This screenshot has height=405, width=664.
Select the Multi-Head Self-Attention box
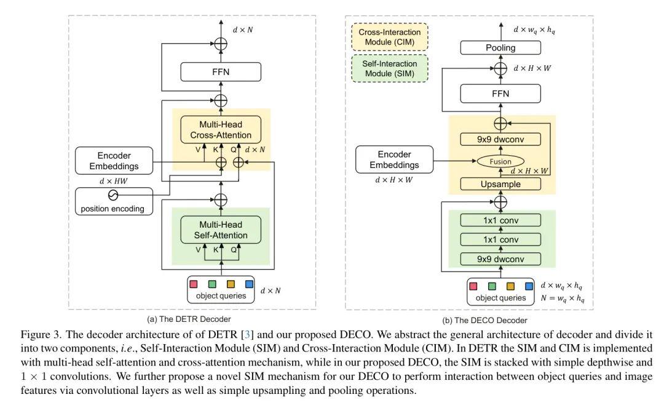[221, 230]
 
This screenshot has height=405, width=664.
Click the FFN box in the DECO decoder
[501, 94]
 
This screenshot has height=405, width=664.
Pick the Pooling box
[501, 47]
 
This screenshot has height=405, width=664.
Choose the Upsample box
[501, 183]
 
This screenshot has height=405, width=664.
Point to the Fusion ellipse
[501, 162]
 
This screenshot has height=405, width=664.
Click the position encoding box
[113, 202]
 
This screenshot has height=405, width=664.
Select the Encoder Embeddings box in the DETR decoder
[114, 160]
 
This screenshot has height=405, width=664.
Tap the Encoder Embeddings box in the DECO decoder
[394, 159]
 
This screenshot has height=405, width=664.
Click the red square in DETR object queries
[194, 284]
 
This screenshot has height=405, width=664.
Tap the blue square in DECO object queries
[529, 286]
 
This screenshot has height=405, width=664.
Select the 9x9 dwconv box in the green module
[501, 259]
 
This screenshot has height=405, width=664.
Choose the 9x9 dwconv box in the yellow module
[501, 140]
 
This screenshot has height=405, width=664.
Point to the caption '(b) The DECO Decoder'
[485, 320]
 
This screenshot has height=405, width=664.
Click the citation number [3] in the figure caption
[247, 335]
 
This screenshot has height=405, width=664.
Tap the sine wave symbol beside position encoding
[113, 195]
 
